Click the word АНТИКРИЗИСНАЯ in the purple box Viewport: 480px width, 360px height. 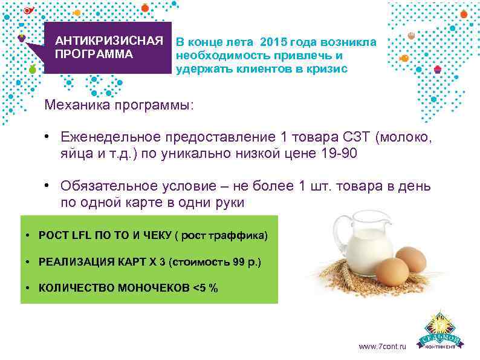point(109,41)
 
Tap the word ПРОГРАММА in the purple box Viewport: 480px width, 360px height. point(93,53)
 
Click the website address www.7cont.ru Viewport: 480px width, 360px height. point(383,347)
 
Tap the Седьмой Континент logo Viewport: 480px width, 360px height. point(443,332)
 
